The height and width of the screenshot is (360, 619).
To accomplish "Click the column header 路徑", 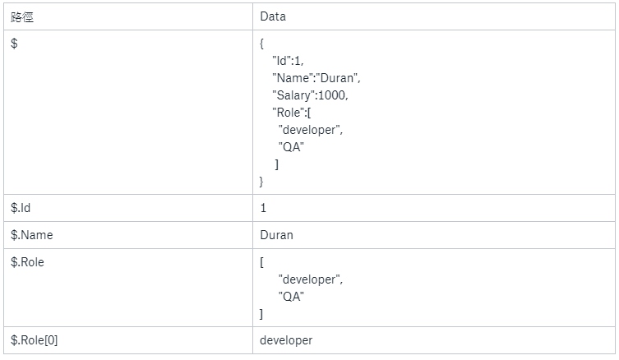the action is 22,16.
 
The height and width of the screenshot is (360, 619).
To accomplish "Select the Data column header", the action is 273,16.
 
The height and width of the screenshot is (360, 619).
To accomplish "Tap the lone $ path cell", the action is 15,44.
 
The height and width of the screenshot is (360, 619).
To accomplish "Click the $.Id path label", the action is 21,208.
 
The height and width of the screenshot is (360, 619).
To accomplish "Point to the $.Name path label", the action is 31,235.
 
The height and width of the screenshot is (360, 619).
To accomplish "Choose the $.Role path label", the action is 27,262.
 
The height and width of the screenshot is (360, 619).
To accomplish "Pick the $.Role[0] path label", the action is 35,339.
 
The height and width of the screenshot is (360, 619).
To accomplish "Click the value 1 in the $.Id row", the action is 263,208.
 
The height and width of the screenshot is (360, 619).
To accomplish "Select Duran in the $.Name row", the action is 276,235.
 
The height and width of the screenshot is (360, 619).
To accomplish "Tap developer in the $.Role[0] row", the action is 286,339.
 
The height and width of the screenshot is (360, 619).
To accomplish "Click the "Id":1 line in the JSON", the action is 289,61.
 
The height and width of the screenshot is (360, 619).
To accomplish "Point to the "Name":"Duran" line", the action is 316,78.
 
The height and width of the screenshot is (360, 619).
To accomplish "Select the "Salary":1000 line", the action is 311,95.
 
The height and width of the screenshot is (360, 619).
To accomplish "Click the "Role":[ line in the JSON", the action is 291,113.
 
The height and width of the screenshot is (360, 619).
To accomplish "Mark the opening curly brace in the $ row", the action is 261,44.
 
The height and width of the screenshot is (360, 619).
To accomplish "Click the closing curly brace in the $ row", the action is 261,181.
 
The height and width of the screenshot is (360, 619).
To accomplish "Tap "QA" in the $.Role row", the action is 291,297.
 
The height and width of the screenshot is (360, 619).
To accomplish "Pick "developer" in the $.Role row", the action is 311,279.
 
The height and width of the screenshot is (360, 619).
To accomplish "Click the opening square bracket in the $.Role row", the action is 261,262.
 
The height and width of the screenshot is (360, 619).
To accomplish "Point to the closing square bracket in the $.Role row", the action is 261,314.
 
